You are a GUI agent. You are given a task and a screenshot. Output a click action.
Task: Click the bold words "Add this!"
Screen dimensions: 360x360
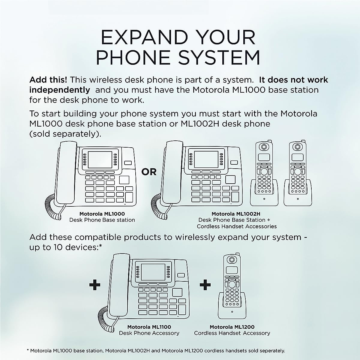(48, 80)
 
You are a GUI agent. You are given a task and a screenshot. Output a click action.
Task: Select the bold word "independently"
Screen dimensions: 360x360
(59, 90)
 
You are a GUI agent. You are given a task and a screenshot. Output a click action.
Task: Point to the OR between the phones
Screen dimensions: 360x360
(149, 172)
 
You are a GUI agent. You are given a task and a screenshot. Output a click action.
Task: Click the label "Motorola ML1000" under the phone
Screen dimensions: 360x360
(102, 214)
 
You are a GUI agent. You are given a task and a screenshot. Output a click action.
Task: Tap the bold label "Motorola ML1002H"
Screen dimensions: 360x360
(236, 214)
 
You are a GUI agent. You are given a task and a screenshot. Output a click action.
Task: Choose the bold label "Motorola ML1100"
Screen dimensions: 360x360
(149, 327)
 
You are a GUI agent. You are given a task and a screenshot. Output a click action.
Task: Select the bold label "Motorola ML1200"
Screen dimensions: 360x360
(232, 327)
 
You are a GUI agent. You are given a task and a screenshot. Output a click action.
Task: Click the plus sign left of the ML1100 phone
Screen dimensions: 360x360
(95, 285)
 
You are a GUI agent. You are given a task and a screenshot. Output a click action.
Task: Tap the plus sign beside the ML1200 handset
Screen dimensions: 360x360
(205, 285)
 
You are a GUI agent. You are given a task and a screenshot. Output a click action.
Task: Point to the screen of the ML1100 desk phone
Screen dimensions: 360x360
(153, 272)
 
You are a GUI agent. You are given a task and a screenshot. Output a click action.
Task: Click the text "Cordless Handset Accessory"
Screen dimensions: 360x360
(232, 333)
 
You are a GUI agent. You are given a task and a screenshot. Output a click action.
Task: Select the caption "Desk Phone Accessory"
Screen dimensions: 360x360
(149, 333)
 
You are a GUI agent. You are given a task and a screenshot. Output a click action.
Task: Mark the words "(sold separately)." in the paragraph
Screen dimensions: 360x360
(65, 134)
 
